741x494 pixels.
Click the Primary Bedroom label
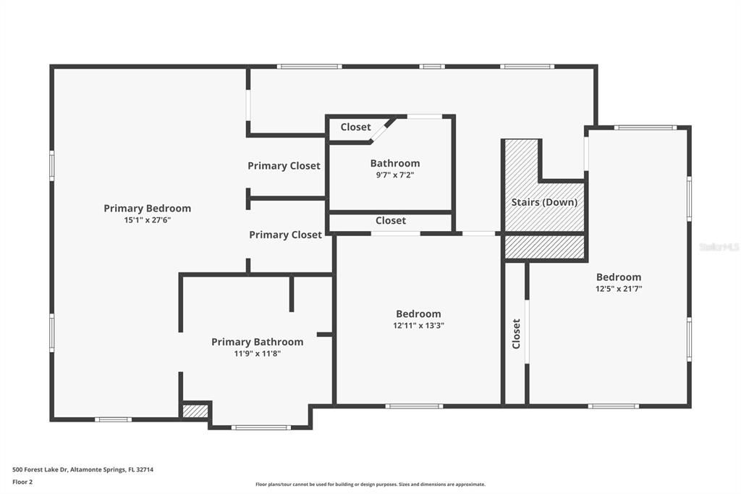tap(147, 208)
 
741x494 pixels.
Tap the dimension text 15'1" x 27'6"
tap(147, 219)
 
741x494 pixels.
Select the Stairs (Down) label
tap(544, 202)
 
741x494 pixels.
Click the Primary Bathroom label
tap(257, 342)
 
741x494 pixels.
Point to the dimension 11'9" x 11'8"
tap(257, 353)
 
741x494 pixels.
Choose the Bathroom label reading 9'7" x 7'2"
tap(394, 164)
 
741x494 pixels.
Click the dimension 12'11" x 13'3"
tap(418, 325)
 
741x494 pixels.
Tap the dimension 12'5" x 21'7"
tap(618, 288)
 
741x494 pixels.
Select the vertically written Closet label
tap(516, 333)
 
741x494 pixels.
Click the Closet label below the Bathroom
tap(391, 220)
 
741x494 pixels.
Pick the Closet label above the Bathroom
tap(355, 127)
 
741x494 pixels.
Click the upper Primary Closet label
tap(284, 166)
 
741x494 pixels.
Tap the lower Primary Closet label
tap(285, 235)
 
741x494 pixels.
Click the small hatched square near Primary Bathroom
tap(195, 411)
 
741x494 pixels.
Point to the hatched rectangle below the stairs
tap(544, 246)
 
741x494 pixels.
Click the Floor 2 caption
tap(22, 481)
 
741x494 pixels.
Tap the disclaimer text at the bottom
tap(370, 485)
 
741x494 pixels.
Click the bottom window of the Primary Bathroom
tap(261, 427)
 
